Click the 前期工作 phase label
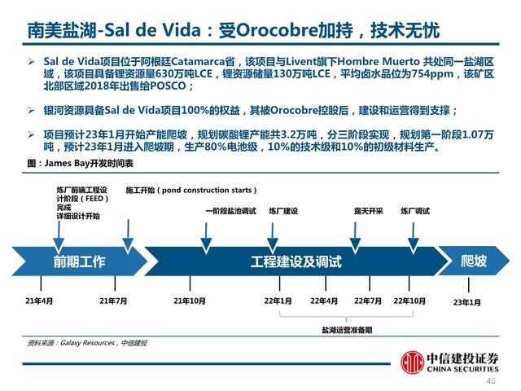click(x=79, y=261)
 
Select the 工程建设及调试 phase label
click(x=295, y=261)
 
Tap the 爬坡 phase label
click(x=474, y=261)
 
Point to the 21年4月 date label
click(x=39, y=301)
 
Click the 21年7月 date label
click(x=113, y=301)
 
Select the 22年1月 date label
click(x=278, y=301)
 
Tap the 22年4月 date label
click(x=323, y=301)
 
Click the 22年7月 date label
click(x=368, y=301)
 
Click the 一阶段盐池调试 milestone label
click(x=230, y=210)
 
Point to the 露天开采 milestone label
click(x=368, y=210)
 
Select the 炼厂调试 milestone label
click(x=414, y=210)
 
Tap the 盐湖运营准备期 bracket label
click(x=346, y=330)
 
